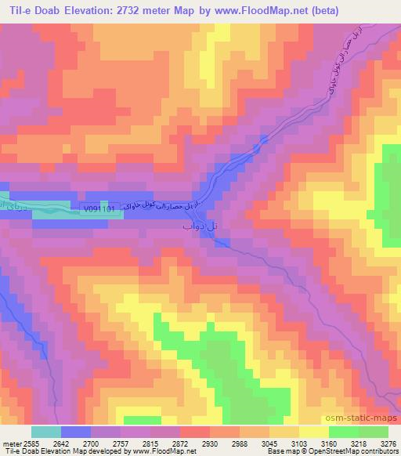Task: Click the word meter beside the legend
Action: coord(13,443)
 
